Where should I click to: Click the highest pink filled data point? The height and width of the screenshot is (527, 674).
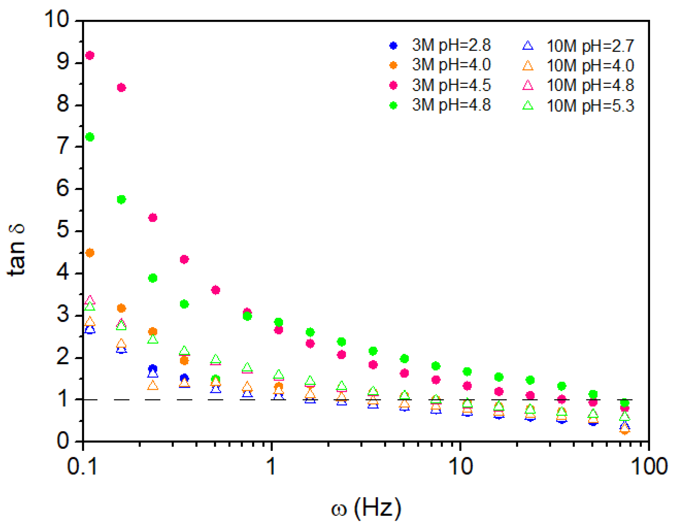90,55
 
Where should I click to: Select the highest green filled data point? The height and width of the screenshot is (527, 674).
90,137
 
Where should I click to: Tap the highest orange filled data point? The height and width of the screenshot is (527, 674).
90,253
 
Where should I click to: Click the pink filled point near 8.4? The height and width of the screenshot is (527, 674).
121,88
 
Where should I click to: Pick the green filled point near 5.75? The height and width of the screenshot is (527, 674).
121,200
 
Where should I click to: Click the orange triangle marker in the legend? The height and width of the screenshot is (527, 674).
528,66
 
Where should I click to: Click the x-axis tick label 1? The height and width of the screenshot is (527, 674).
271,467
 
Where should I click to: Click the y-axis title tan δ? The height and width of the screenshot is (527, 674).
16,250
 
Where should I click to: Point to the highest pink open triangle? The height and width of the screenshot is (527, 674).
90,300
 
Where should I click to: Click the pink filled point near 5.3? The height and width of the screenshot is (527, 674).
153,218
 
